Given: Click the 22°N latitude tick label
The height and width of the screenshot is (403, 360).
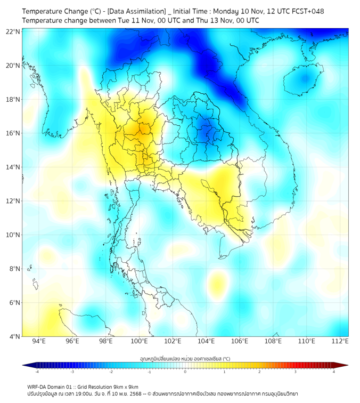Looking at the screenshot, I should [13, 32].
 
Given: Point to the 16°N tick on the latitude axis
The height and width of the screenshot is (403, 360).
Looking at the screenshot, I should [13, 133].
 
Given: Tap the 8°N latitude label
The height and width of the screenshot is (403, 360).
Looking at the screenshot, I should [14, 269].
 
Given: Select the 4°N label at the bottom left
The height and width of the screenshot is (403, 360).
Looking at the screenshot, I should [14, 336].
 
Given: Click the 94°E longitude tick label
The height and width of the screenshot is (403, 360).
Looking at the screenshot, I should [39, 342].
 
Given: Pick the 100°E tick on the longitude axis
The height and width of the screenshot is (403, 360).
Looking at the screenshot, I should [140, 342].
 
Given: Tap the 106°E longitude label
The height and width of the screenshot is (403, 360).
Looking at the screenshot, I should [240, 342].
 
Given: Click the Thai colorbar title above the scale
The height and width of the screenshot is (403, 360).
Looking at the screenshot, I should [185, 359].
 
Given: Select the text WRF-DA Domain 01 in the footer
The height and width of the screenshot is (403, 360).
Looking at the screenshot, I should [50, 387].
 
